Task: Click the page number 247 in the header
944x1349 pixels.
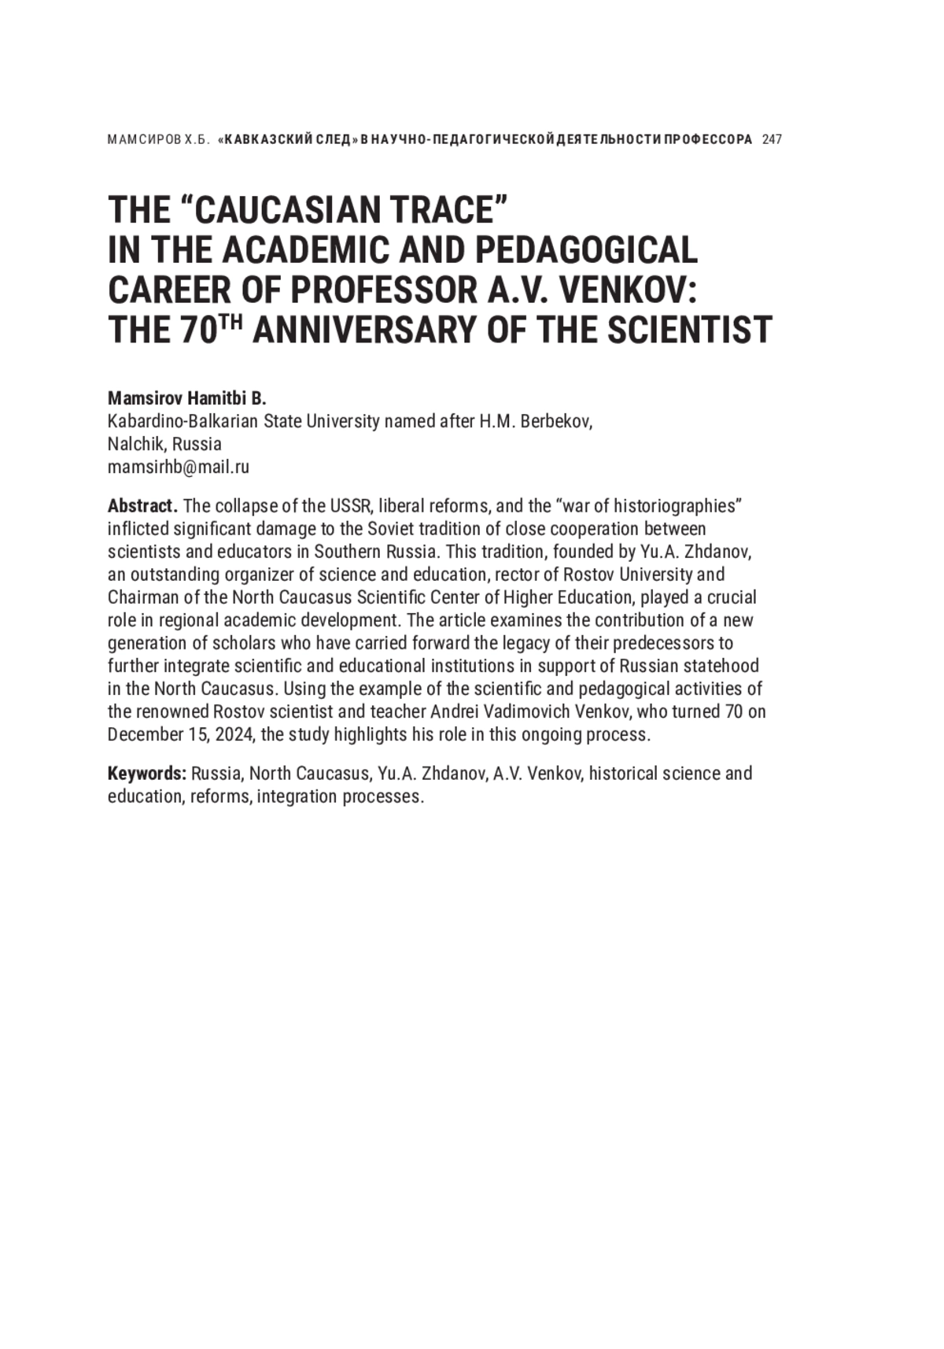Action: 772,140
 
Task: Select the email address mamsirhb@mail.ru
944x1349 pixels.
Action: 179,467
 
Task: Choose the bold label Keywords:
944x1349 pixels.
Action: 147,774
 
